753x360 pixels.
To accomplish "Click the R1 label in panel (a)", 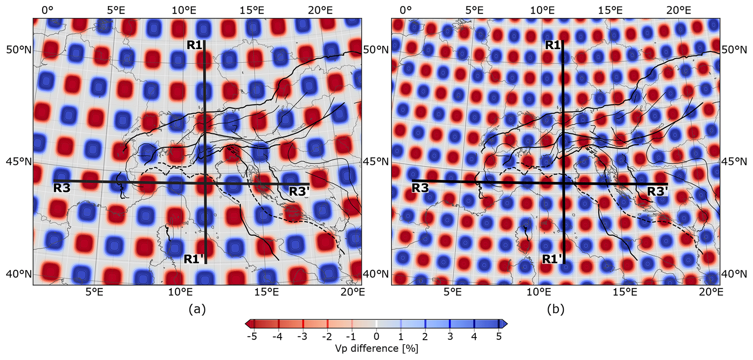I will [194, 45].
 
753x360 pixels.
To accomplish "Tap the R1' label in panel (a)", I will [193, 259].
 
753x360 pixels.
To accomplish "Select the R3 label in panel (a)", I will [62, 188].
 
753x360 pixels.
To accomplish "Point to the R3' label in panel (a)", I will [299, 191].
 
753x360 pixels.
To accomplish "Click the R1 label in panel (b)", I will [553, 45].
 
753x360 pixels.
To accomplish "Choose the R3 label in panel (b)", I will [420, 188].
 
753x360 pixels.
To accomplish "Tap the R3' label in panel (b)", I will [658, 191].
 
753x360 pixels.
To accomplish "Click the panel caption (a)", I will [197, 309].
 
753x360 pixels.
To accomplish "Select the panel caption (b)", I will [556, 309].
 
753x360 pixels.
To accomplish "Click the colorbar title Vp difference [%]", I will [376, 348].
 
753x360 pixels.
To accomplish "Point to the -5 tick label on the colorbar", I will [252, 336].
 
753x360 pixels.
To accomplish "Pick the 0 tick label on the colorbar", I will [376, 336].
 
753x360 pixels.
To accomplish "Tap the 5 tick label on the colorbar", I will [499, 336].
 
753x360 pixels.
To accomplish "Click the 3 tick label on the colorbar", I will [450, 336].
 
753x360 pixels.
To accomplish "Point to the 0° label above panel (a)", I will [47, 10].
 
